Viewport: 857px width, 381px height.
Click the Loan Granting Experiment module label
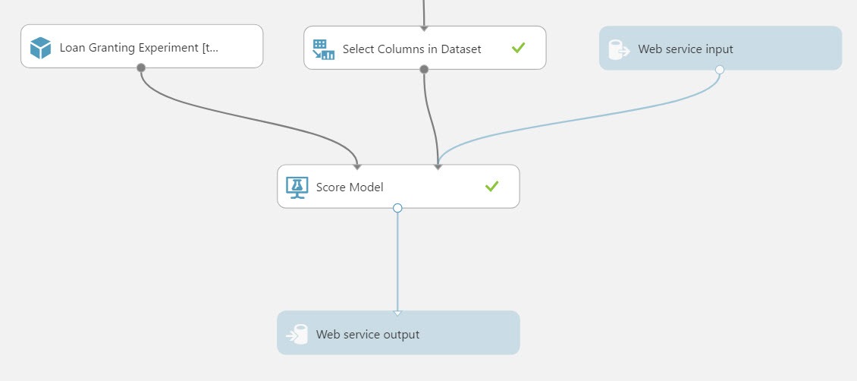(139, 48)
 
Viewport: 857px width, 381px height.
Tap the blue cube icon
(40, 48)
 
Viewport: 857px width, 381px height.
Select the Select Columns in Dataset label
(412, 49)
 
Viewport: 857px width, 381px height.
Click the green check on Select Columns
(518, 48)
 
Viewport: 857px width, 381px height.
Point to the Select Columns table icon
(324, 49)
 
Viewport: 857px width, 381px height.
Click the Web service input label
(686, 49)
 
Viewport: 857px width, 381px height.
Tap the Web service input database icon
(620, 49)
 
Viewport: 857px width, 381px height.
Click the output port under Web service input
(719, 69)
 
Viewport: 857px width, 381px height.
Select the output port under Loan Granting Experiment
(141, 68)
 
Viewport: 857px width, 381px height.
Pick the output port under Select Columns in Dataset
(424, 69)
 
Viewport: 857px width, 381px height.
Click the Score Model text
(350, 187)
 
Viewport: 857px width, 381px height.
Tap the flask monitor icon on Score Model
(297, 187)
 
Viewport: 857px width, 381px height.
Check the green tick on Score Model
(492, 187)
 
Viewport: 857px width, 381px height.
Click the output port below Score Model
(397, 208)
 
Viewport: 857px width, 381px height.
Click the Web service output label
(368, 334)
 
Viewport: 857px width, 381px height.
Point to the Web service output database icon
(297, 334)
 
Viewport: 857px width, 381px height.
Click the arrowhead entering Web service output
(397, 313)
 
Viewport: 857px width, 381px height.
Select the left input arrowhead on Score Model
(357, 167)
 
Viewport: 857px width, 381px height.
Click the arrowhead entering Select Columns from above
(424, 28)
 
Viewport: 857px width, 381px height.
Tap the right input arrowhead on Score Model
(438, 167)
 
